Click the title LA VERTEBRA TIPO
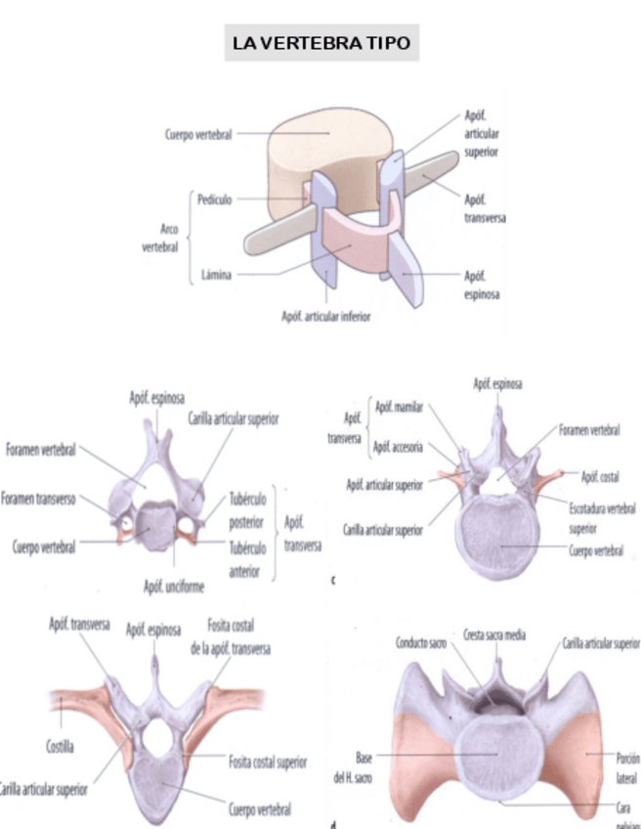pyautogui.click(x=320, y=44)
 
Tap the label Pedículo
pyautogui.click(x=214, y=199)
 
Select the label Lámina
pyautogui.click(x=216, y=275)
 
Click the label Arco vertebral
pyautogui.click(x=161, y=238)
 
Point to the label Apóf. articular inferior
pyautogui.click(x=325, y=316)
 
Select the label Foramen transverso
pyautogui.click(x=39, y=499)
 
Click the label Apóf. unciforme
pyautogui.click(x=174, y=587)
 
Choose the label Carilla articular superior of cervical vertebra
pyautogui.click(x=234, y=418)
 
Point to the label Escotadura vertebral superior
pyautogui.click(x=602, y=518)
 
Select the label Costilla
pyautogui.click(x=61, y=747)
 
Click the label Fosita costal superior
pyautogui.click(x=268, y=762)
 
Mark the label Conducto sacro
pyautogui.click(x=421, y=642)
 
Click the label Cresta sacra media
pyautogui.click(x=493, y=634)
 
